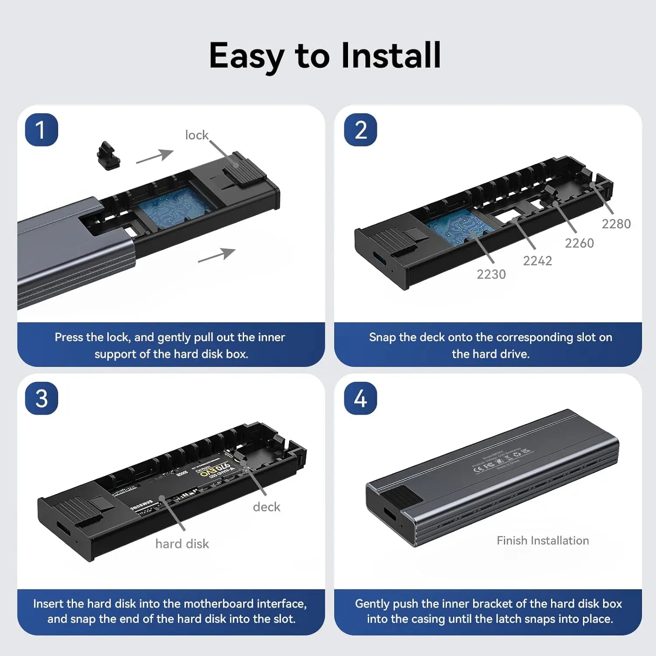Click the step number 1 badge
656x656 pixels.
tap(42, 130)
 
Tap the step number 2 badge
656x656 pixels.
tap(360, 130)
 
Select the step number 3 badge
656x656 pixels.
tap(42, 398)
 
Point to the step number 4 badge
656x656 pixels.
tap(360, 398)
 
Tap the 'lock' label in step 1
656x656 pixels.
tap(196, 135)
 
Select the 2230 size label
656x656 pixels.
tap(491, 274)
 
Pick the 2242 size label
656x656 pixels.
tap(537, 261)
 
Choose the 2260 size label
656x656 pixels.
tap(579, 243)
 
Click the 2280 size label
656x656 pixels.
tap(616, 224)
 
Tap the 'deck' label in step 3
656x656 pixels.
tap(266, 507)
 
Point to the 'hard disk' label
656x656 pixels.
tap(182, 544)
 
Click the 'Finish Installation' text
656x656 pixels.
tap(543, 541)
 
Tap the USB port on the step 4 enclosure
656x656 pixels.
tap(388, 514)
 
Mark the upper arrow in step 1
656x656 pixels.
tap(155, 156)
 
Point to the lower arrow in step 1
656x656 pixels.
tap(217, 255)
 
